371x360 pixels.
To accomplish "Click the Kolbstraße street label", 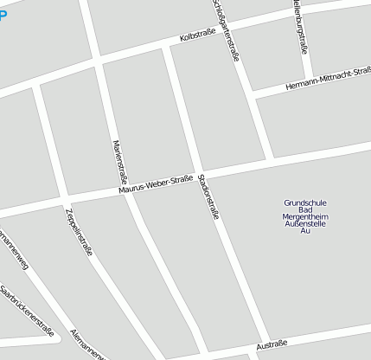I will click(x=197, y=37).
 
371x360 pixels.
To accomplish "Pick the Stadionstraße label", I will click(x=209, y=196).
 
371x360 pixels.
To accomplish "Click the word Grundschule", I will click(x=304, y=203).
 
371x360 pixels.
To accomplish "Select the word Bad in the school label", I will click(x=304, y=210).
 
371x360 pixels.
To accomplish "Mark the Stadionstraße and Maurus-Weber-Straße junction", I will click(x=201, y=174).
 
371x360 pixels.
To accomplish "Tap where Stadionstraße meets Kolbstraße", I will click(x=164, y=45).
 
